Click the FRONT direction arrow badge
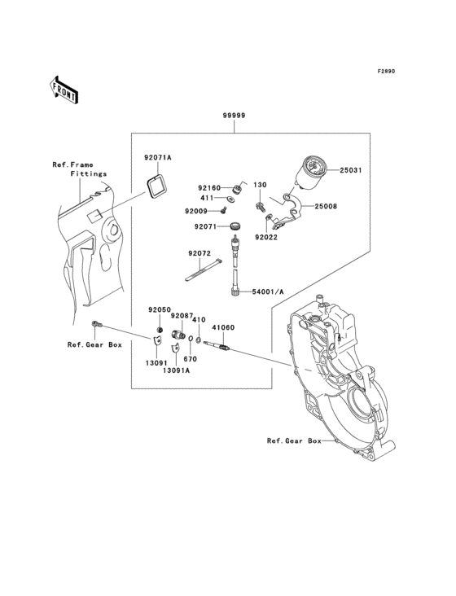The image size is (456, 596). click(x=64, y=89)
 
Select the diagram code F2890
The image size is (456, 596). click(x=385, y=72)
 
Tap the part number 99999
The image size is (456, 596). click(x=235, y=116)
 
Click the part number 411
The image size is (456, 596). click(x=207, y=198)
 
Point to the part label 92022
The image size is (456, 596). click(x=266, y=238)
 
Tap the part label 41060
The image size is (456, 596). click(x=223, y=327)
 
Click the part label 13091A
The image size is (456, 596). click(x=176, y=370)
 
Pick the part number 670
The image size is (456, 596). click(x=190, y=359)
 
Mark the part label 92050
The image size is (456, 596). click(x=159, y=310)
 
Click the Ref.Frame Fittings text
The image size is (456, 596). click(x=79, y=169)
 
